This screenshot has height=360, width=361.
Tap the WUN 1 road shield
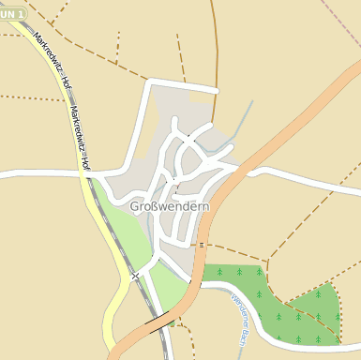pyautogui.click(x=11, y=14)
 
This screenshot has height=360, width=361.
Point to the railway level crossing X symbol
pyautogui.click(x=136, y=276)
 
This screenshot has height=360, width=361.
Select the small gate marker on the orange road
pyautogui.click(x=202, y=245)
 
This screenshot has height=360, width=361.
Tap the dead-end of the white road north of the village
pyautogui.click(x=217, y=91)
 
